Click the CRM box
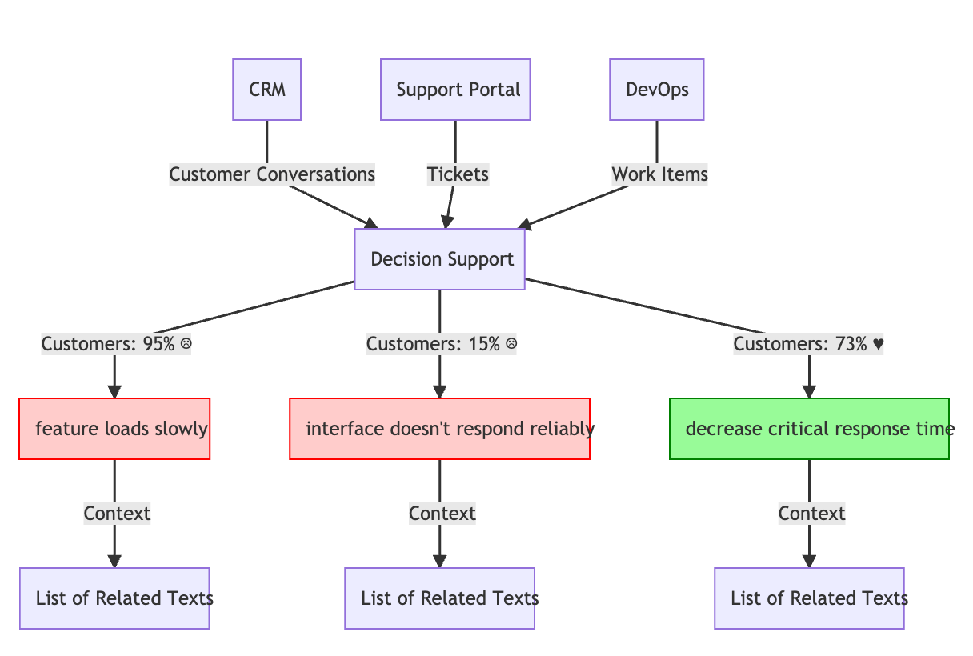(266, 90)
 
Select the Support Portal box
(455, 90)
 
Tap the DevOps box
(656, 90)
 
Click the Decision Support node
(439, 259)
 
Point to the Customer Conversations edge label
(272, 174)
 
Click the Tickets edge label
(458, 174)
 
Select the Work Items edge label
(659, 174)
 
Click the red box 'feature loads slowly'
(114, 429)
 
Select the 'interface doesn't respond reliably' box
(439, 429)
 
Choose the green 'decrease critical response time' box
(809, 429)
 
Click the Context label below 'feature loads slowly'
(117, 514)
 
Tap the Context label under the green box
(811, 514)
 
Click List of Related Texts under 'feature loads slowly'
(114, 598)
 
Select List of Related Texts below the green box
(809, 598)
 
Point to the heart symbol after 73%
(878, 345)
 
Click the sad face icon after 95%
(186, 345)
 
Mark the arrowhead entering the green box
(809, 391)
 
